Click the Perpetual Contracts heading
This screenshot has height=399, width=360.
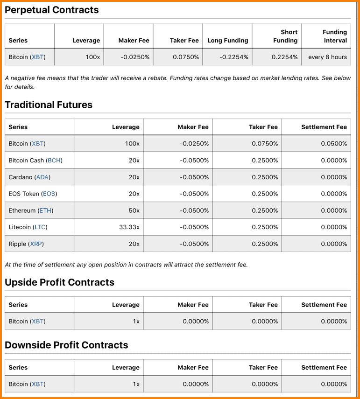coord(52,10)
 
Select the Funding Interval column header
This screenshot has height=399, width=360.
coord(334,36)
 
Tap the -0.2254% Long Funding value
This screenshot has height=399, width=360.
coord(234,57)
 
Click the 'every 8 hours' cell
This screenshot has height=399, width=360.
coord(327,57)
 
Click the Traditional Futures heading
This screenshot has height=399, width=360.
coord(49,105)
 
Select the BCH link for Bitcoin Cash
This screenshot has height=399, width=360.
coord(54,160)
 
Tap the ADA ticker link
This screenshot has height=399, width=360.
coord(42,177)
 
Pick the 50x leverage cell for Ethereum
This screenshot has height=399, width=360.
coord(134,210)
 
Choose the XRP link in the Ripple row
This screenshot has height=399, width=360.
coord(36,244)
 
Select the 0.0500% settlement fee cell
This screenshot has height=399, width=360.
coord(334,143)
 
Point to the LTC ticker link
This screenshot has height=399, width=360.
coord(40,227)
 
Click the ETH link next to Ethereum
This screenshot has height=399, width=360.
coord(45,210)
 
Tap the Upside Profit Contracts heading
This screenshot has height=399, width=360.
coord(59,282)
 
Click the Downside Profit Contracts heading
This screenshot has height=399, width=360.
coord(66,345)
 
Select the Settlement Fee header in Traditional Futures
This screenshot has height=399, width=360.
coord(324,127)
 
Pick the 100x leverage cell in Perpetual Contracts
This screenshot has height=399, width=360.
coord(92,57)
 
